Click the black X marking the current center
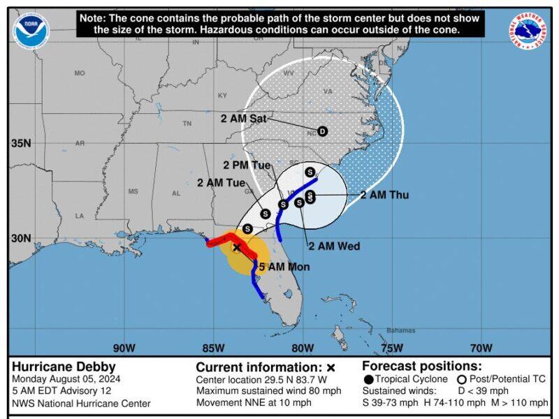coord(237,247)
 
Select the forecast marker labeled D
coord(322,131)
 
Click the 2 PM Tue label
coord(247,166)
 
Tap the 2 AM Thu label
coord(384,196)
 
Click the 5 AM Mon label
coord(284,267)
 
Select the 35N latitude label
coord(20,143)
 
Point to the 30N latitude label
coord(20,237)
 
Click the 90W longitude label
coord(124,348)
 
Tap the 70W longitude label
coord(481,348)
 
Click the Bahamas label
coord(400,330)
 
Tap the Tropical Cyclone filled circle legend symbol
coord(368,378)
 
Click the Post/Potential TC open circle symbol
coord(462,378)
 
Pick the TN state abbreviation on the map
coord(187,124)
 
